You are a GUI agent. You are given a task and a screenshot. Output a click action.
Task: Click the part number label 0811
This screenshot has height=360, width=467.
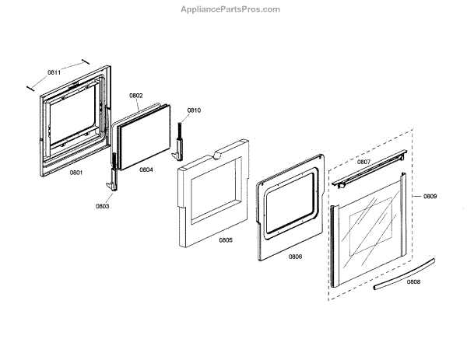[x=54, y=72]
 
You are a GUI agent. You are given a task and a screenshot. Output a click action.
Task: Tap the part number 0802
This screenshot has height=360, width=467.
[x=136, y=96]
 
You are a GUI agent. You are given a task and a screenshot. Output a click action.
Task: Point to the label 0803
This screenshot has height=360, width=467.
[x=103, y=206]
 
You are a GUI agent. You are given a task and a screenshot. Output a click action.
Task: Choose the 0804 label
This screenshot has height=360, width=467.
[x=146, y=169]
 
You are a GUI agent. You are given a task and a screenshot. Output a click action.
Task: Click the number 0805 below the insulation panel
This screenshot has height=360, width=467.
[x=225, y=239]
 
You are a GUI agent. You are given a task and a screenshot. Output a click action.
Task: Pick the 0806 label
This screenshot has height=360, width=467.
[x=295, y=256]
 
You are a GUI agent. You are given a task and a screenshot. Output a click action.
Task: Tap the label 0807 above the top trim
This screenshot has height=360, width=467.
[x=363, y=162]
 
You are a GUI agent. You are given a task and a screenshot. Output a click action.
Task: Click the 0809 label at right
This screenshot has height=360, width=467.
[x=430, y=197]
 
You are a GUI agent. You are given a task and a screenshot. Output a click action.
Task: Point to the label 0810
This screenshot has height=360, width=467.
[x=194, y=110]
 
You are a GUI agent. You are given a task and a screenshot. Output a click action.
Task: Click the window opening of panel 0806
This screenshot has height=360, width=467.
[x=290, y=205]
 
